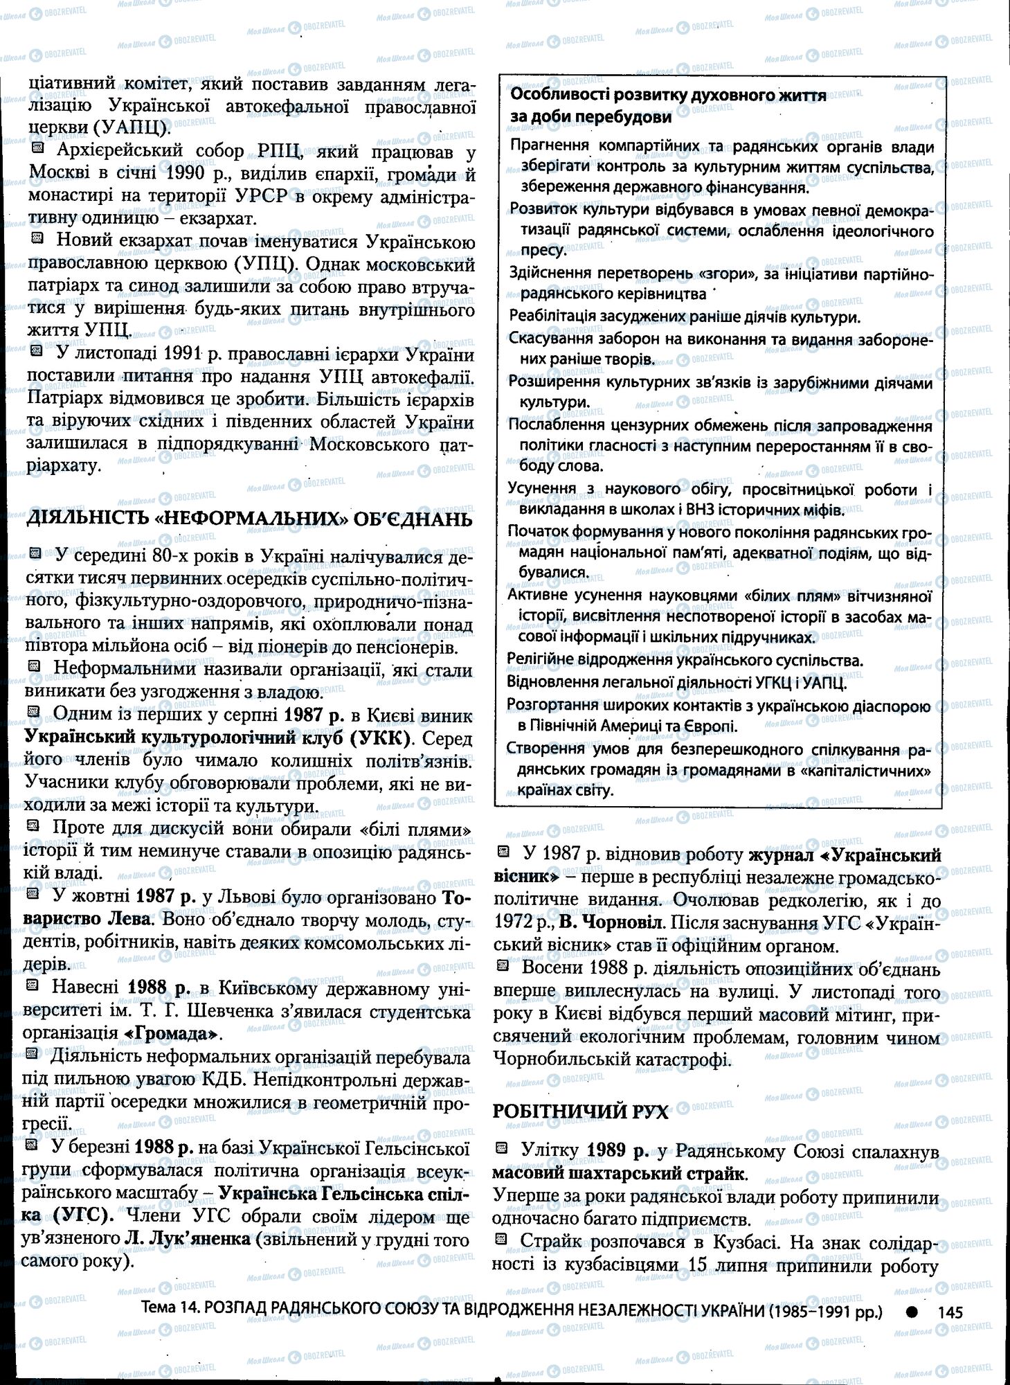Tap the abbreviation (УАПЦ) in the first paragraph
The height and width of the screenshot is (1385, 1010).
(131, 129)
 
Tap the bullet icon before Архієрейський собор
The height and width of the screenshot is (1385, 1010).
(38, 149)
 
